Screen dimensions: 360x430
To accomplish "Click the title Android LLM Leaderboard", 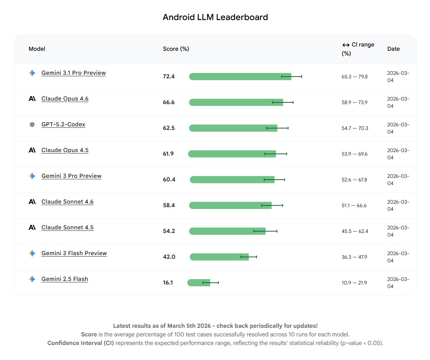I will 215,17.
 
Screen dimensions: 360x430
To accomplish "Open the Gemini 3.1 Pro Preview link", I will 73,73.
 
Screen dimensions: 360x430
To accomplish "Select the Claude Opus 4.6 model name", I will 65,99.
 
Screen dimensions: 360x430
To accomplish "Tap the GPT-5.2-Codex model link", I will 63,125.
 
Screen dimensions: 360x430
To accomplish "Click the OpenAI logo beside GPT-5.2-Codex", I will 32,125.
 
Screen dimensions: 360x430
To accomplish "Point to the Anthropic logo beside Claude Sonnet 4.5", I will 32,228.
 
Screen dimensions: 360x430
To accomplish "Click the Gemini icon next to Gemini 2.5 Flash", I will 32,279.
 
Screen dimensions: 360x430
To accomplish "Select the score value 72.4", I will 169,77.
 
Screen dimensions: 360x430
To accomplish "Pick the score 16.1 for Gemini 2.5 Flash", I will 168,283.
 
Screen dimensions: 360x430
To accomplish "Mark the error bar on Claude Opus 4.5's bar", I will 276,154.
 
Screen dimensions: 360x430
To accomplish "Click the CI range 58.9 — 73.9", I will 355,102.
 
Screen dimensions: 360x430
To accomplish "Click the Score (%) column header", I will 176,49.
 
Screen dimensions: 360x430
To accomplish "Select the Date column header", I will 393,49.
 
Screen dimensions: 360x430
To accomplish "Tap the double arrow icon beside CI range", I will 346,45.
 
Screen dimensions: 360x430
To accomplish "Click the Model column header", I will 37,49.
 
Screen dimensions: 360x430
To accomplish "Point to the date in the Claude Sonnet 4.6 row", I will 398,205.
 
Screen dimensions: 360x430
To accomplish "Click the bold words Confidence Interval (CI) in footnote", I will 81,343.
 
